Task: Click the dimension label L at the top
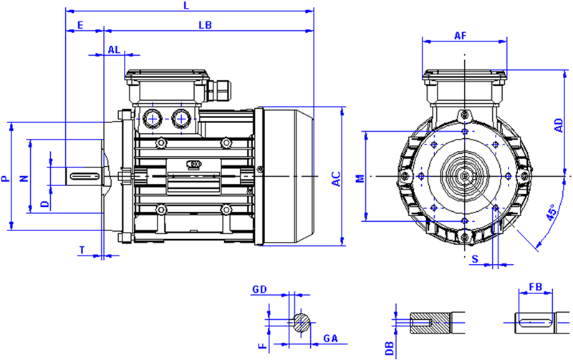tap(186, 6)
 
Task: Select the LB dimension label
tap(205, 24)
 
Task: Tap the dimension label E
tap(81, 24)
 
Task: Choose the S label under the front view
tap(476, 258)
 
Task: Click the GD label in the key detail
tap(260, 290)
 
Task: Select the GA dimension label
tap(329, 338)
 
